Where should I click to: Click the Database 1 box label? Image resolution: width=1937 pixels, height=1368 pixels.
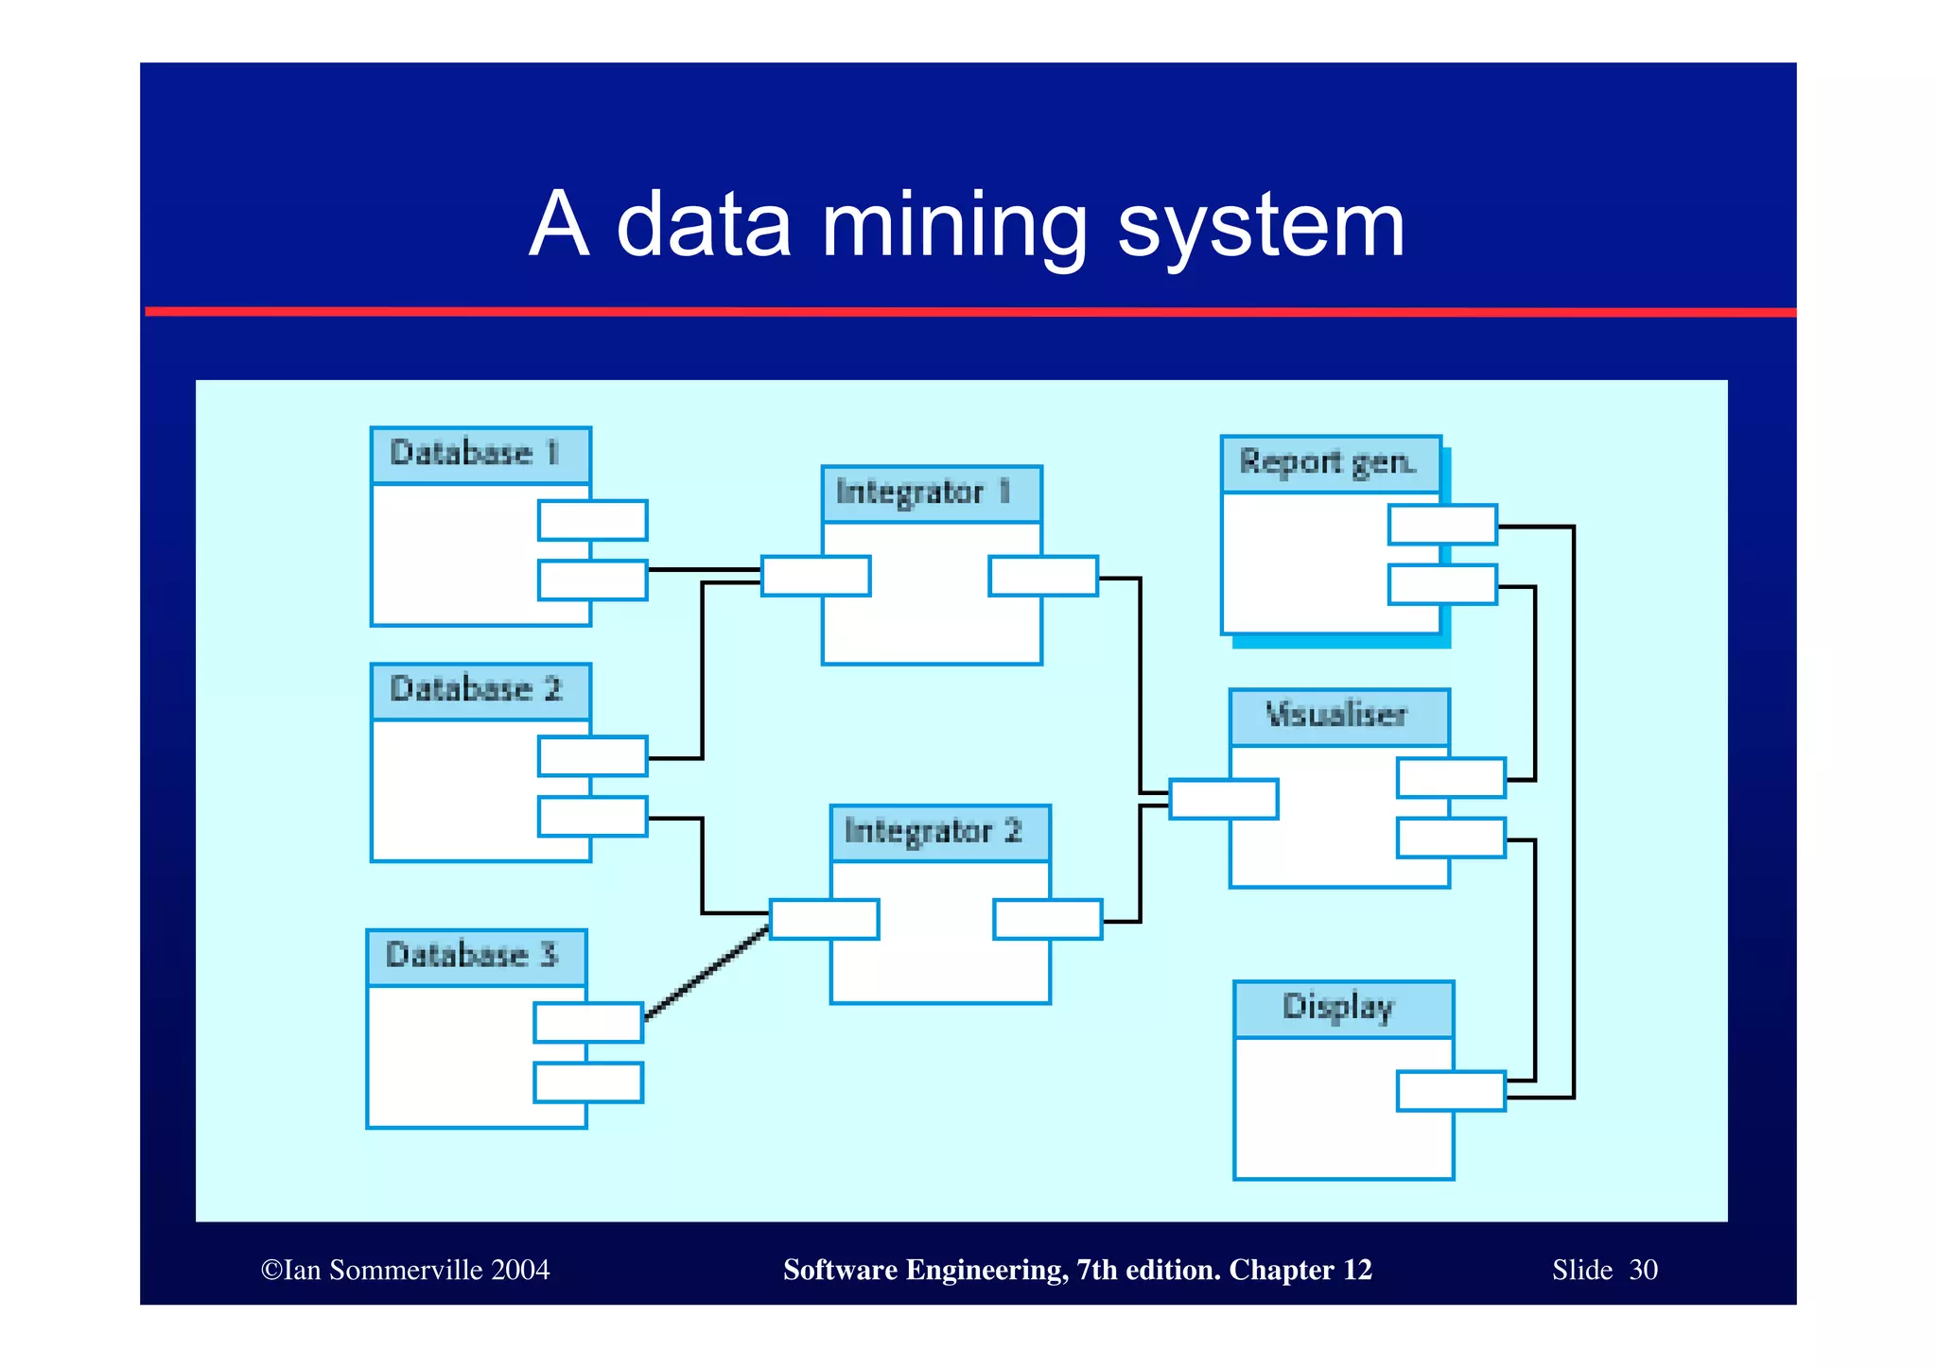click(x=476, y=454)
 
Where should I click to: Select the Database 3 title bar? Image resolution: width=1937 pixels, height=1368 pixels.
click(x=473, y=956)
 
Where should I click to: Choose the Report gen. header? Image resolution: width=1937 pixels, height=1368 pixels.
click(x=1328, y=463)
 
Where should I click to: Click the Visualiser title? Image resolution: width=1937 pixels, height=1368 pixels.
click(x=1336, y=716)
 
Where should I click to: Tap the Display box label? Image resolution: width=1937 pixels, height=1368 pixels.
click(x=1339, y=1008)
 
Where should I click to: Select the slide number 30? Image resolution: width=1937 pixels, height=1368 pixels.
click(x=1643, y=1270)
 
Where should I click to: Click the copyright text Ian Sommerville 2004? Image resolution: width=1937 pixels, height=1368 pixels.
click(x=407, y=1270)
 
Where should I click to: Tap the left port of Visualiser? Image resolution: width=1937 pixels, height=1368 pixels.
click(x=1223, y=799)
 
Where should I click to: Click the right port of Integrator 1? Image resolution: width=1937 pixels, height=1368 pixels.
click(x=1043, y=577)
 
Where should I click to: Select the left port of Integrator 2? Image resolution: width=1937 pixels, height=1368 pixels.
click(x=824, y=919)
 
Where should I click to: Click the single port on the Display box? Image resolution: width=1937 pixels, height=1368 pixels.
click(x=1451, y=1091)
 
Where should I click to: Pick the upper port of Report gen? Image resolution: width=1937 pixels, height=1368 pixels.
click(x=1442, y=525)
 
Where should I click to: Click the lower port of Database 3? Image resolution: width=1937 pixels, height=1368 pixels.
click(x=588, y=1082)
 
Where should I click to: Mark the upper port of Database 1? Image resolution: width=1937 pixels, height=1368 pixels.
click(x=592, y=520)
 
